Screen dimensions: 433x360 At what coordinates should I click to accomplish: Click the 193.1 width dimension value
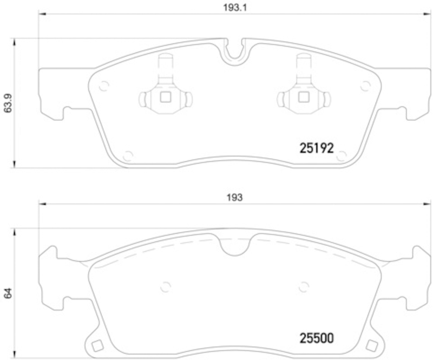pyautogui.click(x=235, y=8)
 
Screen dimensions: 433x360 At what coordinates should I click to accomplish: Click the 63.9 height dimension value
pyautogui.click(x=8, y=103)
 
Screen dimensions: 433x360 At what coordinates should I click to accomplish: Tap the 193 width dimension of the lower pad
pyautogui.click(x=235, y=197)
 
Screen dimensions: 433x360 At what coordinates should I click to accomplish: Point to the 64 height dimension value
pyautogui.click(x=8, y=293)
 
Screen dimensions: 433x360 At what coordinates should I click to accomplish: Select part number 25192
pyautogui.click(x=317, y=148)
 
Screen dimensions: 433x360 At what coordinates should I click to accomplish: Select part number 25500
pyautogui.click(x=317, y=338)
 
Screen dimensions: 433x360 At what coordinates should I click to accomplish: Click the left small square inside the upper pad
pyautogui.click(x=166, y=97)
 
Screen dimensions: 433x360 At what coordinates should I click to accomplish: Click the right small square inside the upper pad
pyautogui.click(x=304, y=97)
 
